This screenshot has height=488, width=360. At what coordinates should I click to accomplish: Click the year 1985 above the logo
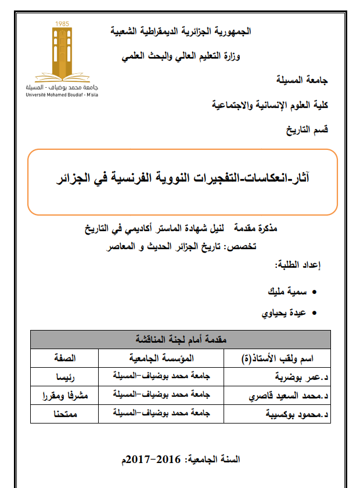pos(62,23)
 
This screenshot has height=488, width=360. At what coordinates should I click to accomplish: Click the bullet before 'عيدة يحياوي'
pos(315,313)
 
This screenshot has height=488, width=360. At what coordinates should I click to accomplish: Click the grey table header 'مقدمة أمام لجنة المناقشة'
pos(181,339)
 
